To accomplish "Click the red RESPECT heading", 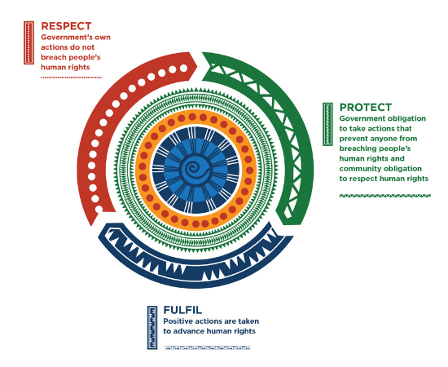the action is coord(66,26).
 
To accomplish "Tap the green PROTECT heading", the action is coord(366,108).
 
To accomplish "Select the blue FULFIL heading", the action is coord(182,310).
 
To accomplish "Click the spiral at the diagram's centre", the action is coord(195,170).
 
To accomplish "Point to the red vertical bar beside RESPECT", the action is coord(29,42).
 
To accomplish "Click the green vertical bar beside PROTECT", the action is coord(327,124).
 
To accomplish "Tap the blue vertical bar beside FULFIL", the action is coord(152,328).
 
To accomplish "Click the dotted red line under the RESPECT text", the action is coord(71,77).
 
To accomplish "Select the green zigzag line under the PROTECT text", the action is coord(384,196).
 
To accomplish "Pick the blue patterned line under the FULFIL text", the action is coord(208,348).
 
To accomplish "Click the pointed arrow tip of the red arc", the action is coord(197,66).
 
